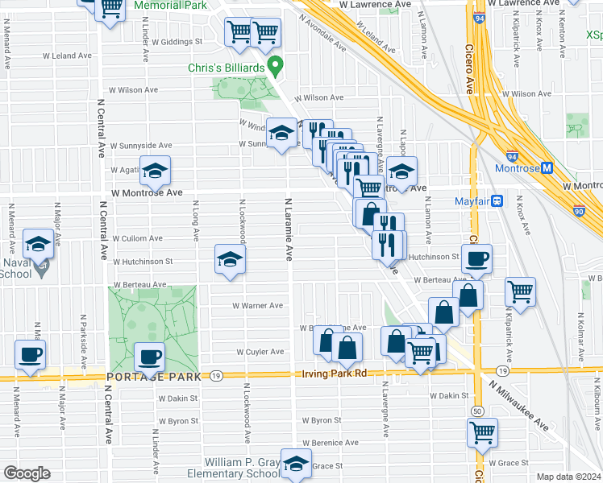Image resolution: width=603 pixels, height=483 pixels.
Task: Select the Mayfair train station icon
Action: [x=498, y=200]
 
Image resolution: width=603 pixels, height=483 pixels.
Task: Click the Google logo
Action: [x=27, y=473]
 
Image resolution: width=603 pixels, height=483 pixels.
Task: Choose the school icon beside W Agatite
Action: [x=156, y=170]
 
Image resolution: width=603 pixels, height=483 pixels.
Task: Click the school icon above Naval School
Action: [x=38, y=242]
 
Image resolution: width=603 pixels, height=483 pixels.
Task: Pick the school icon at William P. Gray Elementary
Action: [x=297, y=464]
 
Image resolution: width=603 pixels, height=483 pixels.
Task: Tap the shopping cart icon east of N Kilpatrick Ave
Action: [x=521, y=291]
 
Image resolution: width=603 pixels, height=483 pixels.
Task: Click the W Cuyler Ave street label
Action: [x=260, y=352]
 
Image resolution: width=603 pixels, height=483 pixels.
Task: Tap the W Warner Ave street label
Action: [x=257, y=306]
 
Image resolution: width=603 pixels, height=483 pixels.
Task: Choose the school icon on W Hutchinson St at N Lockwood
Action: [x=230, y=259]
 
